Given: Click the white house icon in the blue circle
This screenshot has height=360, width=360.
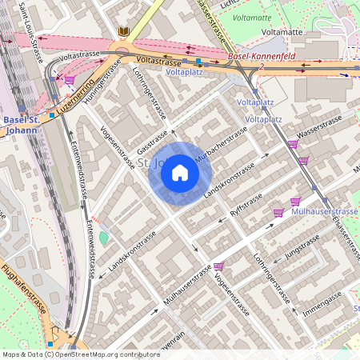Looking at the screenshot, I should coord(180,172).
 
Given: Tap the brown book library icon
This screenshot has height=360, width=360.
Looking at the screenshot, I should coord(123,31).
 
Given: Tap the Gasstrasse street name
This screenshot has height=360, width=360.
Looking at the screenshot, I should coord(153,139).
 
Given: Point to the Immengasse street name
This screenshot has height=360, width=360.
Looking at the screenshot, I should coord(322,305).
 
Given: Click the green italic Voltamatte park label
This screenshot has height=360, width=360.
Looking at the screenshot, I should coord(253,17).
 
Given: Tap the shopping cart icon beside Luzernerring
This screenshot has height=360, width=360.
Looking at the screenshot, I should coord(70,81).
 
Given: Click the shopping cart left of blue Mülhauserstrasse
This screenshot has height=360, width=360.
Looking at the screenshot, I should coord(278,213).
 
